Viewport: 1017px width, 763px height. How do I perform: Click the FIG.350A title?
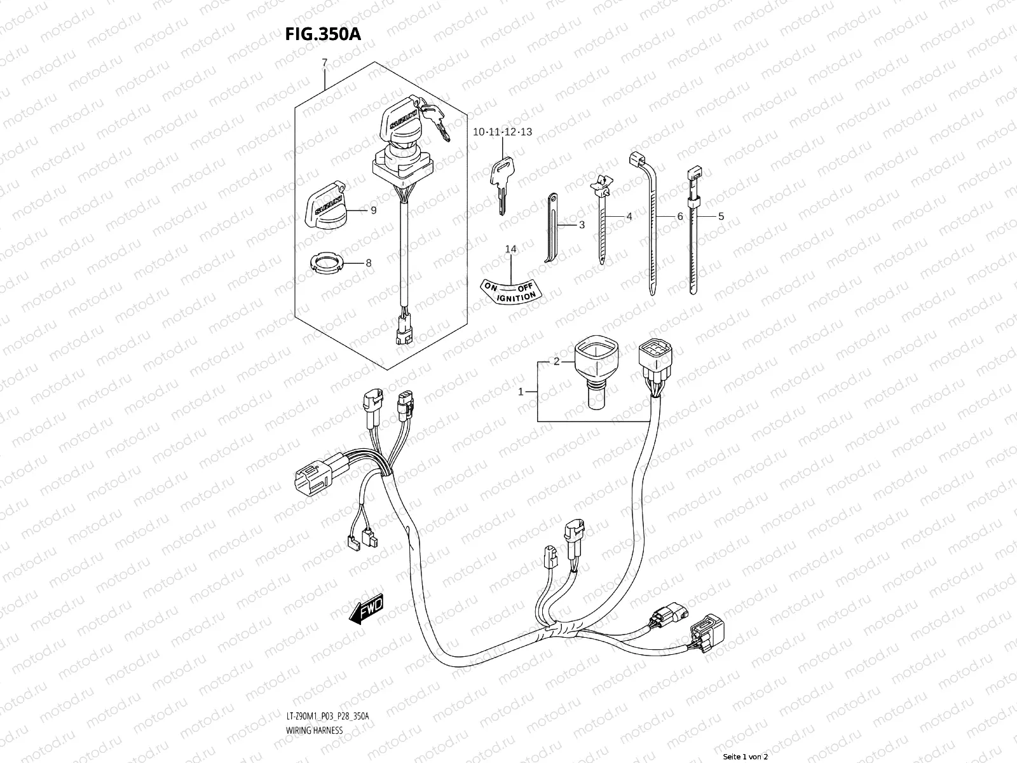pos(322,34)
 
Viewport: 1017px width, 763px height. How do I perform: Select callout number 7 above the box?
pos(324,62)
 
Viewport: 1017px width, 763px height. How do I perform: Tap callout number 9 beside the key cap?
pos(374,210)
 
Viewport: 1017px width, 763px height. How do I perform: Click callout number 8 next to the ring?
pos(368,263)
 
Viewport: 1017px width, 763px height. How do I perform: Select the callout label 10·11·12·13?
pos(502,132)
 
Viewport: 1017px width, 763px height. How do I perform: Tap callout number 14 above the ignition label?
pos(510,249)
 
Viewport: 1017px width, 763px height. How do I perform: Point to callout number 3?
pos(582,225)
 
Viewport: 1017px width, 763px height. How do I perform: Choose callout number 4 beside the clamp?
pos(629,216)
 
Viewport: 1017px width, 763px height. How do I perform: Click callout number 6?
pos(679,216)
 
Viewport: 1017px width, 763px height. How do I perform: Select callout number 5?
pos(721,216)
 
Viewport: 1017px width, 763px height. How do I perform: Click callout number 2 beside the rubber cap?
pos(556,361)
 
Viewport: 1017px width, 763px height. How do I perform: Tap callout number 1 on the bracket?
pos(521,392)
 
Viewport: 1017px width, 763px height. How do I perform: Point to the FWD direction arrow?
pos(367,608)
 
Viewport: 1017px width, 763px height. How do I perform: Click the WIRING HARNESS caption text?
pos(315,731)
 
